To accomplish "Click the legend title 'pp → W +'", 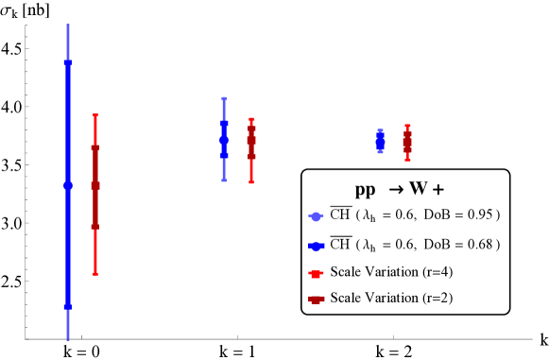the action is click(405, 188).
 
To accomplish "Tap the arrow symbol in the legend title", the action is click(397, 189).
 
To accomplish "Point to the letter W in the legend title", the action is click(419, 188).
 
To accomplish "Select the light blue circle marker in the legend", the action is click(316, 216).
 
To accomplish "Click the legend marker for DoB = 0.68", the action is click(316, 245).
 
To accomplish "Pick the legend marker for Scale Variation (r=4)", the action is click(316, 273).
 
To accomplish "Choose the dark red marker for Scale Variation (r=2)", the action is click(316, 300).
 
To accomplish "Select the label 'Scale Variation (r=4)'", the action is click(387, 272).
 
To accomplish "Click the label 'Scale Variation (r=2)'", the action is click(387, 299).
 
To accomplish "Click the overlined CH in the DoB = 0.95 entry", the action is click(340, 215).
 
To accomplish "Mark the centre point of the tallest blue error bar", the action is click(68, 185).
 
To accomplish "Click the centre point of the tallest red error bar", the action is click(95, 186).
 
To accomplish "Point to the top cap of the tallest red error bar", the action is click(95, 115).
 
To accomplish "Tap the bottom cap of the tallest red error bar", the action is click(95, 273).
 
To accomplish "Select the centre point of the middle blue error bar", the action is click(224, 140).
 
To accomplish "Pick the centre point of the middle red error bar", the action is click(251, 142).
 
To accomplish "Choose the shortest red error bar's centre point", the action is click(407, 143).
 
